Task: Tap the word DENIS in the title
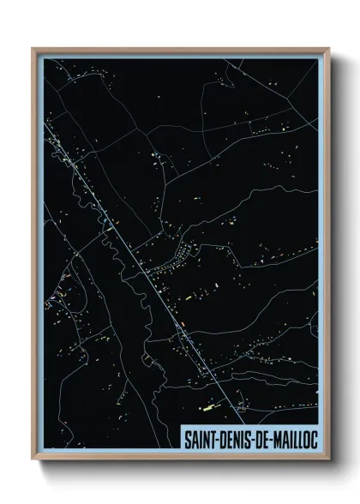(237, 438)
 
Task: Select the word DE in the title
(264, 438)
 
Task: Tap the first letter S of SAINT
(187, 438)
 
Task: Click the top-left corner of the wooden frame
(33, 47)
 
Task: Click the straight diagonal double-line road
(137, 257)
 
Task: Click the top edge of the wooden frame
(180, 48)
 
